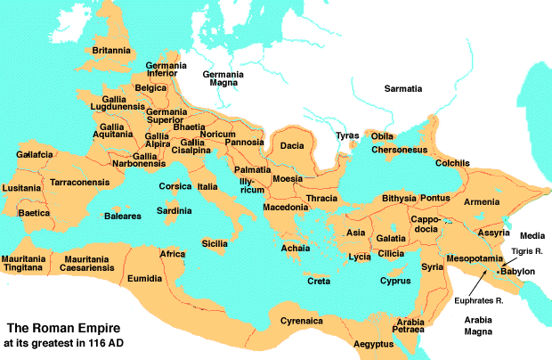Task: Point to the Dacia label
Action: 293,144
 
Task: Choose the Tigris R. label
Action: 526,252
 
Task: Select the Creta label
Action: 319,281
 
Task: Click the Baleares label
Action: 123,216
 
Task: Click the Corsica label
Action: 175,186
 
